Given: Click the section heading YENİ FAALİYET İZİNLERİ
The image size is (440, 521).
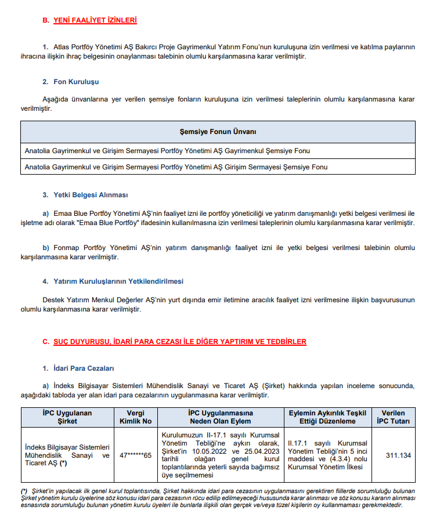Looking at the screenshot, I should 95,20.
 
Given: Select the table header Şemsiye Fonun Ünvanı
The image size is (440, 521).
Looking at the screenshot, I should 218,132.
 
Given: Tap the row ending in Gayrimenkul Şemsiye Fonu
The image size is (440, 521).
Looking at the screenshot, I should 167,151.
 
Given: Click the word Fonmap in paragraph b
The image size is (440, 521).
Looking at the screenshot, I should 65,248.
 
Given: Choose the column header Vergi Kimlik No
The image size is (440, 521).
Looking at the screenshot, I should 135,417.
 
